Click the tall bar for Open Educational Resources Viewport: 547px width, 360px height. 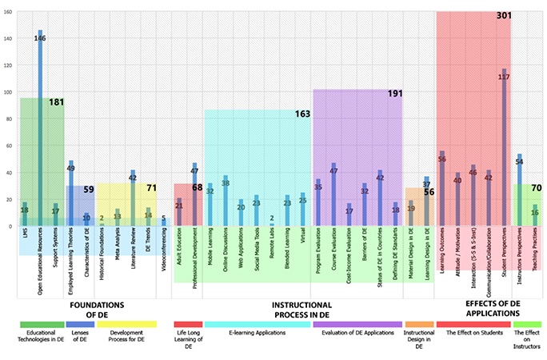(x=40, y=128)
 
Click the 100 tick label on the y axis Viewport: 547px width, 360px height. (x=8, y=92)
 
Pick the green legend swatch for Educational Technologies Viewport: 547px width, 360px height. (x=42, y=325)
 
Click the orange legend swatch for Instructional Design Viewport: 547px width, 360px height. (x=419, y=325)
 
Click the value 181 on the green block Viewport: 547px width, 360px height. (x=56, y=102)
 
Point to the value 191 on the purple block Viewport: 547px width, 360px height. (x=395, y=94)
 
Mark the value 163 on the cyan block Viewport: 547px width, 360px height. (x=302, y=114)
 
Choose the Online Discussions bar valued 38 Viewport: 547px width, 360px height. (x=226, y=201)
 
